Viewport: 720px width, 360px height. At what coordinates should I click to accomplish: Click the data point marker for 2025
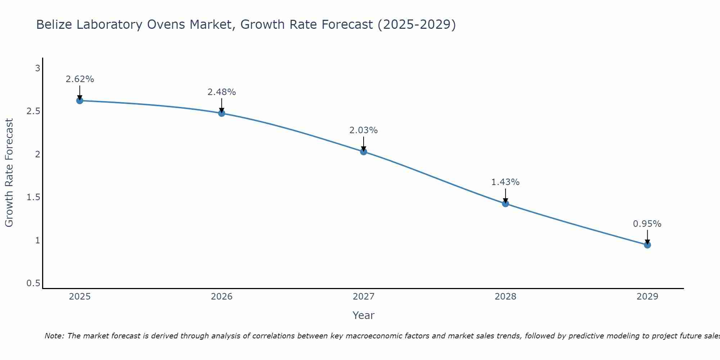(x=80, y=100)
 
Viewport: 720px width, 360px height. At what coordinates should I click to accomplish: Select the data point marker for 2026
(x=222, y=113)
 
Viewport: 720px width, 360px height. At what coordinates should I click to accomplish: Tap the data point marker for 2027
(x=364, y=152)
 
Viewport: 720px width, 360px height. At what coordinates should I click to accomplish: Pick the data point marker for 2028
(x=505, y=203)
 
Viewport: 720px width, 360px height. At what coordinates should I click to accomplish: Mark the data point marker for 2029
(x=647, y=245)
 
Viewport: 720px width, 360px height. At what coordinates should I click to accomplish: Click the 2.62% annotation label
(x=80, y=79)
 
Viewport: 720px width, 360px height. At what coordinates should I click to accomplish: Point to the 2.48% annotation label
(x=222, y=92)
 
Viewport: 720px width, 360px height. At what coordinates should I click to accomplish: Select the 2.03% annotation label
(x=364, y=130)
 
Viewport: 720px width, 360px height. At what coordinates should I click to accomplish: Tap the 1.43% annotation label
(x=505, y=182)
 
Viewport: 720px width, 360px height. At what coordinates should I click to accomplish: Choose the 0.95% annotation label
(x=647, y=224)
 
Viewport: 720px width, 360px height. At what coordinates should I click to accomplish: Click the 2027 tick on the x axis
(x=364, y=297)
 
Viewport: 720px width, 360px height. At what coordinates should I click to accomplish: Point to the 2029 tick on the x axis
(x=647, y=297)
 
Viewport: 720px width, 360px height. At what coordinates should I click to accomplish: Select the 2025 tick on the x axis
(x=80, y=297)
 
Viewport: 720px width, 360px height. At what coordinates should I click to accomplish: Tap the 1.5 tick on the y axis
(x=33, y=197)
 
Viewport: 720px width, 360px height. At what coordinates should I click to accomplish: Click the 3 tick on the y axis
(x=37, y=68)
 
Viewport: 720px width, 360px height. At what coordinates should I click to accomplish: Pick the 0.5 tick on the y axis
(x=33, y=283)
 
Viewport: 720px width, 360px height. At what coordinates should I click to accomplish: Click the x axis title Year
(x=364, y=315)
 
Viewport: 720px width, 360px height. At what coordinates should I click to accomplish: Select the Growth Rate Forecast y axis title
(x=9, y=173)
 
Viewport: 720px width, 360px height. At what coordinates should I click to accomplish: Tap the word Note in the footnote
(x=54, y=336)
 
